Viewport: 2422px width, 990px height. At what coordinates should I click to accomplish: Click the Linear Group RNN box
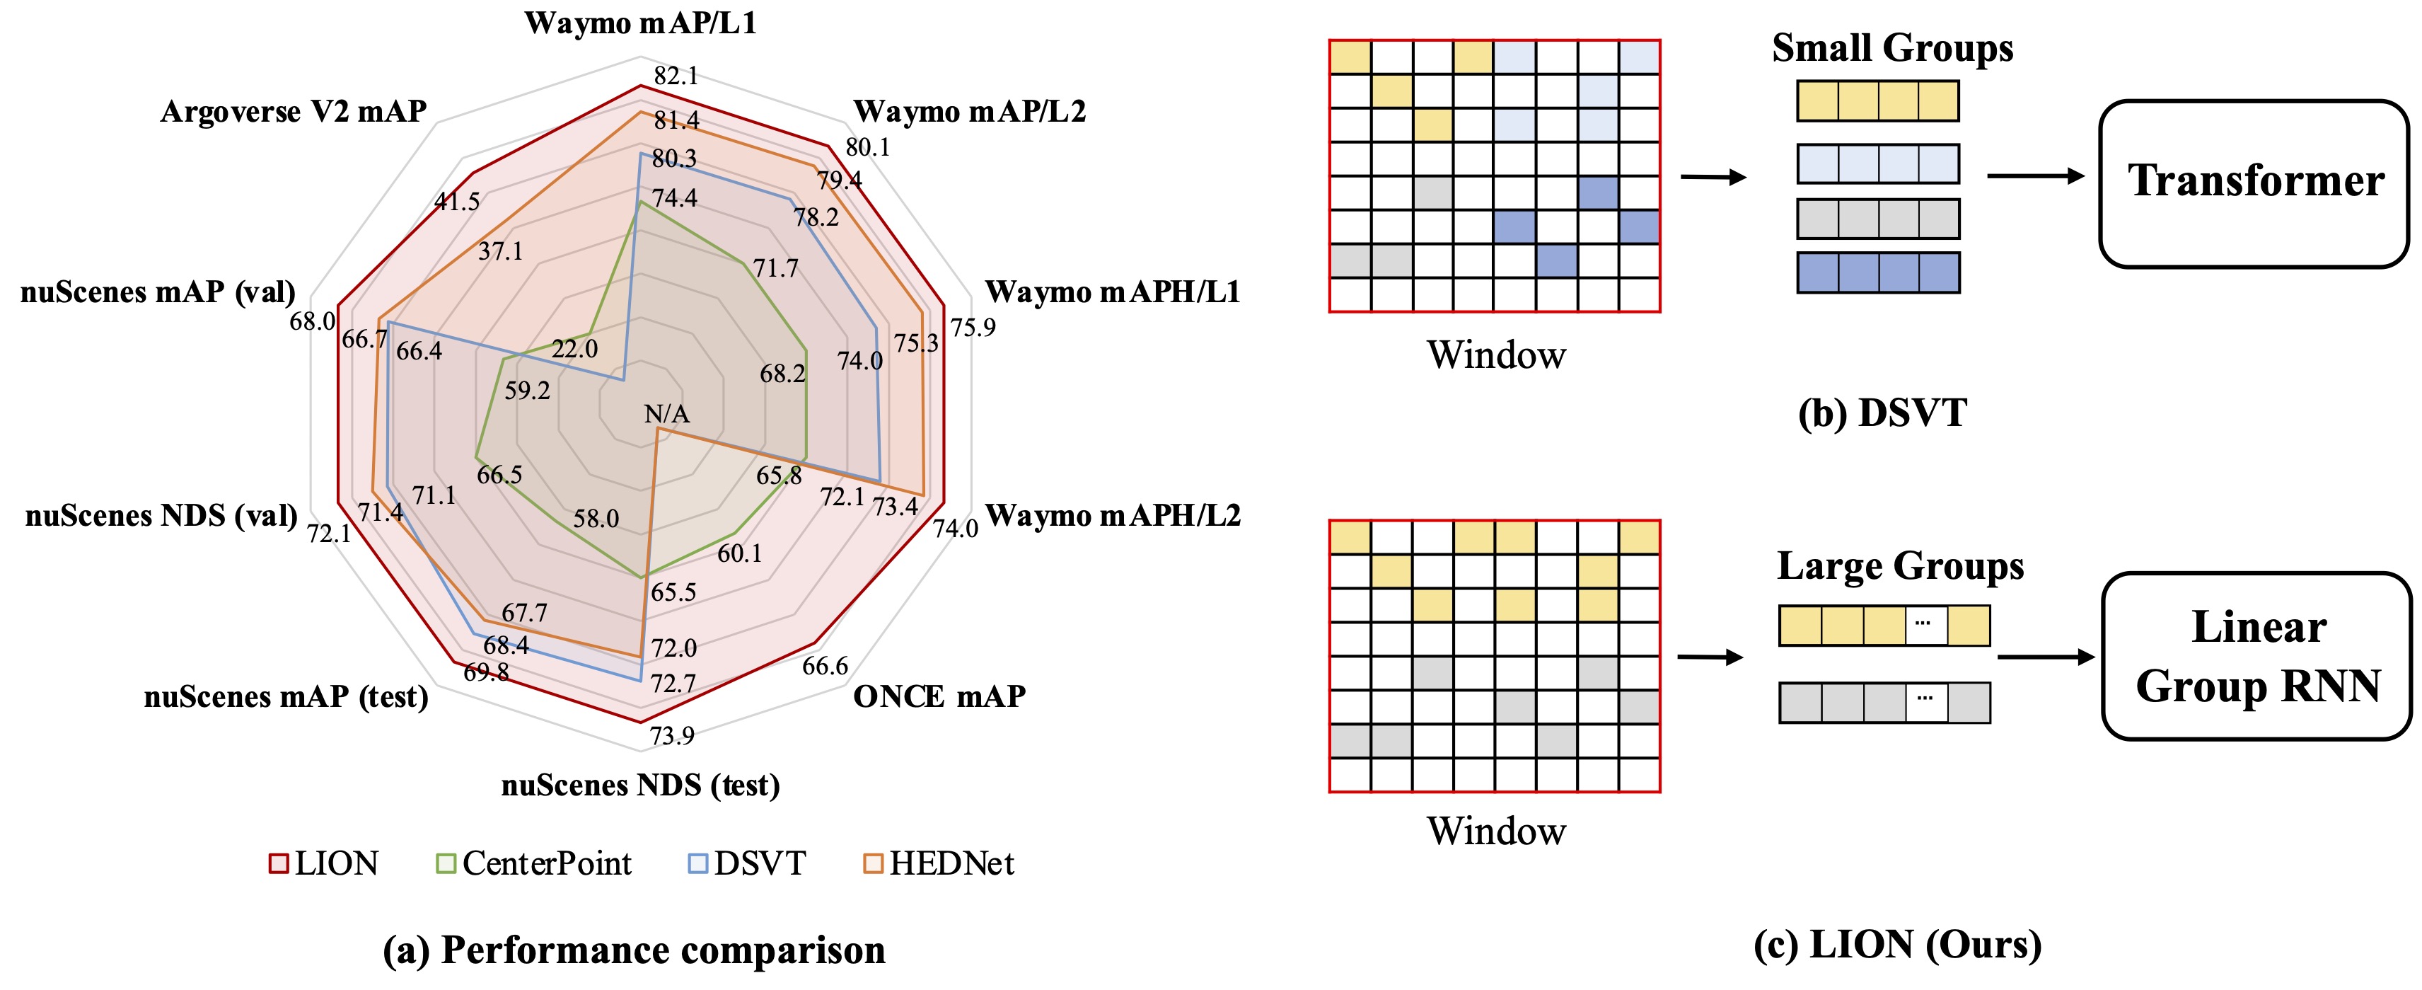coord(2256,656)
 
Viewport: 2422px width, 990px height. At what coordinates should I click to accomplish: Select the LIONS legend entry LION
coord(325,863)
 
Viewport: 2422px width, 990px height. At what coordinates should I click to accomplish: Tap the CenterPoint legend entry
coord(535,863)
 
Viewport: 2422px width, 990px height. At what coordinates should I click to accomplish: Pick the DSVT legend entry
coord(748,863)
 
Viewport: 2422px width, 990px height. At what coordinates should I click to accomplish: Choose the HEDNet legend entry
coord(939,863)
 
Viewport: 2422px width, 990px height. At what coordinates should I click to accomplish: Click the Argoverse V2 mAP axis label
coord(294,112)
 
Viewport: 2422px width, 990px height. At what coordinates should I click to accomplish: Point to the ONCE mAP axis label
coord(939,696)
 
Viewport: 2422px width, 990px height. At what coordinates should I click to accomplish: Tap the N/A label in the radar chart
coord(666,414)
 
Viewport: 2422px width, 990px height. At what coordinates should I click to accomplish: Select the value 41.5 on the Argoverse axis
coord(457,201)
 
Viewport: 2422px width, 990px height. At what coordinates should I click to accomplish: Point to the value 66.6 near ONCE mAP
coord(825,666)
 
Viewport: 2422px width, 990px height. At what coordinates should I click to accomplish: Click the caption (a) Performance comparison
coord(634,950)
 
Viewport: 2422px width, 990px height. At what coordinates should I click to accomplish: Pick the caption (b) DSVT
coord(1882,414)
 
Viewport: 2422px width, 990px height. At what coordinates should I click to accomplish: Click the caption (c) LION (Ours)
coord(1897,944)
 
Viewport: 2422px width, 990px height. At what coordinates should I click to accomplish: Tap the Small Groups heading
coord(1891,48)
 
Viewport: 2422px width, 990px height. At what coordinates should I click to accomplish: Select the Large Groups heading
coord(1900,566)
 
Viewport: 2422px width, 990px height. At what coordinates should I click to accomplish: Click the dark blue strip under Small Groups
coord(1877,272)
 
